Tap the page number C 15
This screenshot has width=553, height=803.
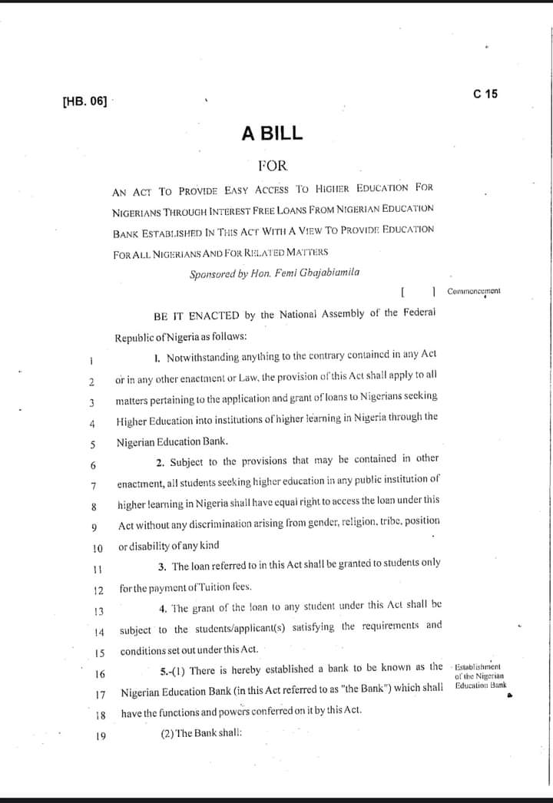click(485, 94)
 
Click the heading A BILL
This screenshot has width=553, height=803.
click(272, 134)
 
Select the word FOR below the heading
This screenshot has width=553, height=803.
click(273, 165)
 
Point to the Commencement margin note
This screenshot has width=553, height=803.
click(473, 292)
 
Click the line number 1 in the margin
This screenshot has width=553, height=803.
click(91, 359)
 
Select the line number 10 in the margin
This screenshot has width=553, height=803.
click(98, 548)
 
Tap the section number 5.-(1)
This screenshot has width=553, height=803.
click(173, 671)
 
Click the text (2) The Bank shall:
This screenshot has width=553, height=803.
click(201, 732)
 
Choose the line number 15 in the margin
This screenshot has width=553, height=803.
click(98, 653)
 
